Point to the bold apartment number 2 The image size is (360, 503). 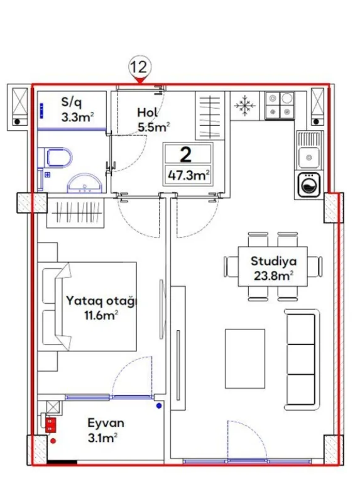pyautogui.click(x=186, y=155)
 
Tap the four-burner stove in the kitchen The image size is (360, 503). pyautogui.click(x=280, y=105)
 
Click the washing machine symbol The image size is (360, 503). pyautogui.click(x=309, y=185)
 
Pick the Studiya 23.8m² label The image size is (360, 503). pyautogui.click(x=274, y=268)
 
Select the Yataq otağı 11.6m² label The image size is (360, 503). pyautogui.click(x=101, y=308)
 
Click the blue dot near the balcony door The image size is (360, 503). pyautogui.click(x=158, y=407)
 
